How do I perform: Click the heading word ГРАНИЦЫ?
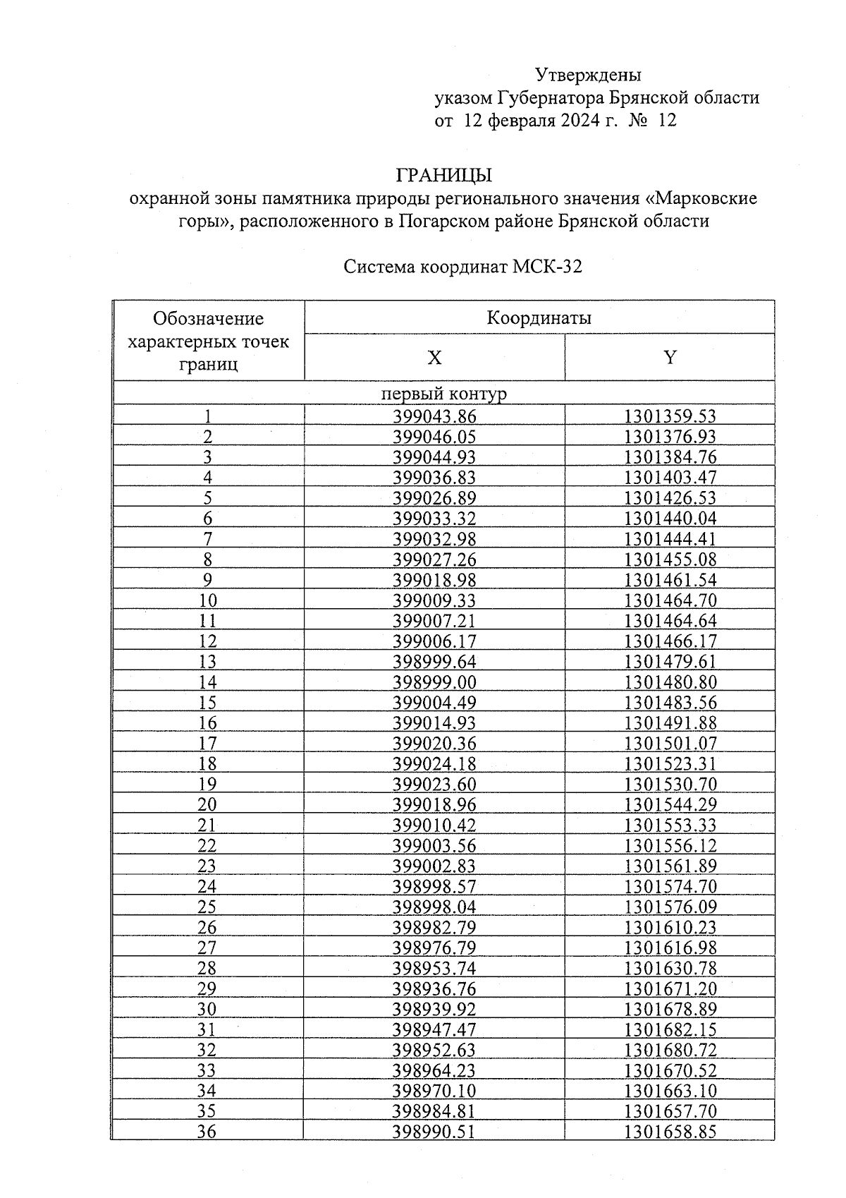(x=444, y=174)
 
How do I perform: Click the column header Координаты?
(x=539, y=318)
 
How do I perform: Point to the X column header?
(x=434, y=358)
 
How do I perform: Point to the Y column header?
(x=669, y=358)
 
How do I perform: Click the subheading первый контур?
(x=443, y=394)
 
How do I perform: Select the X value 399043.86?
(x=434, y=416)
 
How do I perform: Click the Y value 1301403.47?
(x=670, y=478)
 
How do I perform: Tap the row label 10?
(x=207, y=600)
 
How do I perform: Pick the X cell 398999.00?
(x=434, y=682)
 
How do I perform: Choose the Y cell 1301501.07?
(x=670, y=744)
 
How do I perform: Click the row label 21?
(x=207, y=825)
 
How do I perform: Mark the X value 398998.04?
(x=434, y=907)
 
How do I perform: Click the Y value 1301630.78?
(x=670, y=969)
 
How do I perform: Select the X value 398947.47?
(x=434, y=1030)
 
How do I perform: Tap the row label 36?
(x=207, y=1132)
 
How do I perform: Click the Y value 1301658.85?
(x=670, y=1132)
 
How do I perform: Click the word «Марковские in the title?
(x=701, y=198)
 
